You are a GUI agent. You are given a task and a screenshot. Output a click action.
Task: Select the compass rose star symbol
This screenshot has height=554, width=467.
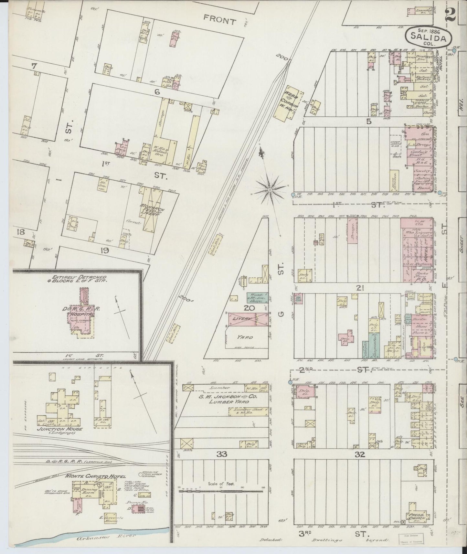[x=269, y=190]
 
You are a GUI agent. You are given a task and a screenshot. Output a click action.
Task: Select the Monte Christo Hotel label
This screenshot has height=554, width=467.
[x=91, y=475]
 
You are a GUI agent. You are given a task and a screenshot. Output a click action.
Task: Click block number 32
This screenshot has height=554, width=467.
[x=360, y=454]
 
